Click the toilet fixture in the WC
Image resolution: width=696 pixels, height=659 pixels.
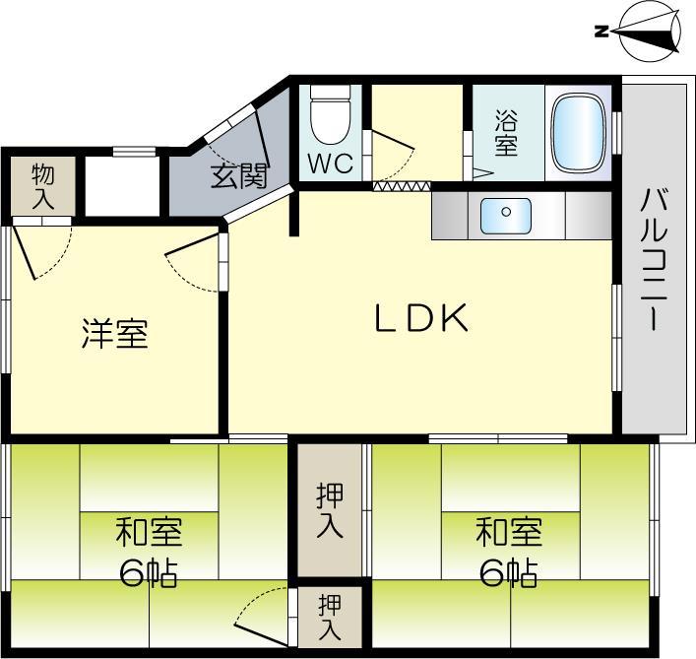(330, 114)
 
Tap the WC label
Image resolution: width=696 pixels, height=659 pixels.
(331, 164)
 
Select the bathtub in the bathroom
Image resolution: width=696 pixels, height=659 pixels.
(578, 132)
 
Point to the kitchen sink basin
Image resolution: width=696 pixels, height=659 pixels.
(506, 217)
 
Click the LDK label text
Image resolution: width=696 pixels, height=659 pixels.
(421, 317)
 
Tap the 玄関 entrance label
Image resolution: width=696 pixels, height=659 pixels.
(239, 176)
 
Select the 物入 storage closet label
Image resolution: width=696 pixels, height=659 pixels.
(43, 186)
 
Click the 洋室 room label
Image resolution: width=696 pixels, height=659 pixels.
(115, 333)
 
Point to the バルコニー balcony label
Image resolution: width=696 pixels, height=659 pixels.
(654, 259)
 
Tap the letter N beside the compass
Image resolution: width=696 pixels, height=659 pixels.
(601, 32)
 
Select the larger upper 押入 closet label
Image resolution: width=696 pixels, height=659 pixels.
(330, 510)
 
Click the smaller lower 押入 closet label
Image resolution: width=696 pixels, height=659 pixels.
(330, 618)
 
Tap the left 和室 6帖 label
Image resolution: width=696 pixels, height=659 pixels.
(149, 553)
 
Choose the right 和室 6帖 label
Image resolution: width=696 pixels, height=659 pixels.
(509, 553)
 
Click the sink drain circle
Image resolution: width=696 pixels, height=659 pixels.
(506, 212)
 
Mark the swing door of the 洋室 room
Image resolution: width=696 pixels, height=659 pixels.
(193, 263)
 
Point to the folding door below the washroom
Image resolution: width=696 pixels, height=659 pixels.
(403, 186)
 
